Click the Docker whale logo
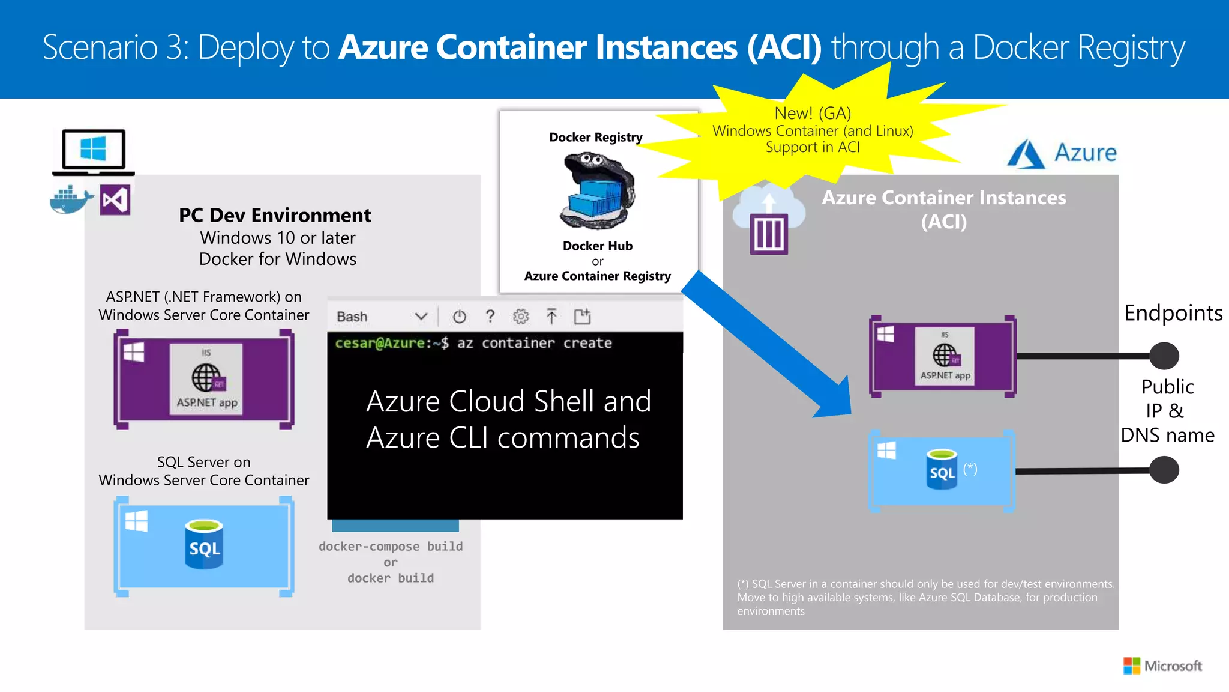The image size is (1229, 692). point(71,200)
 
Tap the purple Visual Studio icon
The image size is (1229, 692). point(115,200)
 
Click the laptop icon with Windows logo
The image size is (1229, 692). point(94,151)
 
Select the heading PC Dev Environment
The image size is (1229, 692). point(275,215)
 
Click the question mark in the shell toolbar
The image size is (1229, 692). point(490,316)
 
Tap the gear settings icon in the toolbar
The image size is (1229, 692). point(520,316)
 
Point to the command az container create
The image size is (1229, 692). point(534,343)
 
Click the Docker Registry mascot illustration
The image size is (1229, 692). point(597,190)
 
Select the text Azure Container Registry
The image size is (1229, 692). point(597,276)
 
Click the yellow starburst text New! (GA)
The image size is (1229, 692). point(813,113)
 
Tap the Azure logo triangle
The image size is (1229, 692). point(1026,154)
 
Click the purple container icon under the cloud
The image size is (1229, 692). point(769,234)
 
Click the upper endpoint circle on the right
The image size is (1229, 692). point(1164,356)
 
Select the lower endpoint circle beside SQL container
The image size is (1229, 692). point(1164,470)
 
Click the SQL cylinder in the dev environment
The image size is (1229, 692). point(204,544)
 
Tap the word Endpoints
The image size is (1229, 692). point(1173,313)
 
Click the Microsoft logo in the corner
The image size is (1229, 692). point(1162,666)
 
